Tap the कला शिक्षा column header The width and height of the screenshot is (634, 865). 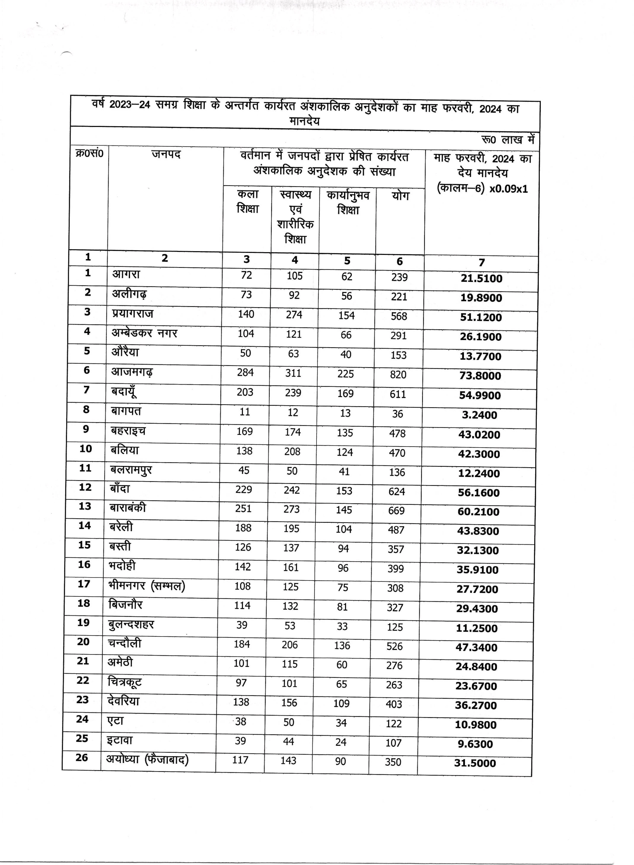point(248,202)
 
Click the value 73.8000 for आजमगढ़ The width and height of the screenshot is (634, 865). point(480,376)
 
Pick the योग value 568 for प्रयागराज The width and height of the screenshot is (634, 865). point(399,316)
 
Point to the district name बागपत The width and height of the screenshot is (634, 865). point(126,411)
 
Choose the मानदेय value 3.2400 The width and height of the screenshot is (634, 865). point(479,415)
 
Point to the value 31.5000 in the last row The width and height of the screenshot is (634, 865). point(475,763)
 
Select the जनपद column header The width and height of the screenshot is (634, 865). point(166,154)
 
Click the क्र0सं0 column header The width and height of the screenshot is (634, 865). point(89,153)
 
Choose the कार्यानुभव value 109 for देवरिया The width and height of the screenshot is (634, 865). point(341,703)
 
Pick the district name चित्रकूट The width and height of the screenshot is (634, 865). point(124,682)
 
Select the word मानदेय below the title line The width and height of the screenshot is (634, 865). point(304,121)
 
